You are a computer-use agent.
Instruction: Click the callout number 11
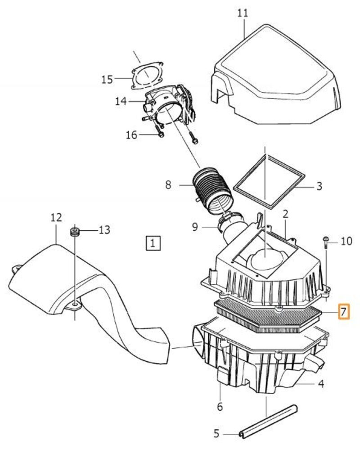243,13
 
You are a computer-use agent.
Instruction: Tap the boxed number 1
153,243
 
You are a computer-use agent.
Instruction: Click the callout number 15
107,80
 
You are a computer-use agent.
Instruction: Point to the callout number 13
104,230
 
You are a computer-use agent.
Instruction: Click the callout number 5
216,434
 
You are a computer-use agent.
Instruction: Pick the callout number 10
346,242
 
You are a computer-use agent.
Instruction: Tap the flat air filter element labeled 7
265,315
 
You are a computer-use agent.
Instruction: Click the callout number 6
219,407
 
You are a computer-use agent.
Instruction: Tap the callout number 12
56,218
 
